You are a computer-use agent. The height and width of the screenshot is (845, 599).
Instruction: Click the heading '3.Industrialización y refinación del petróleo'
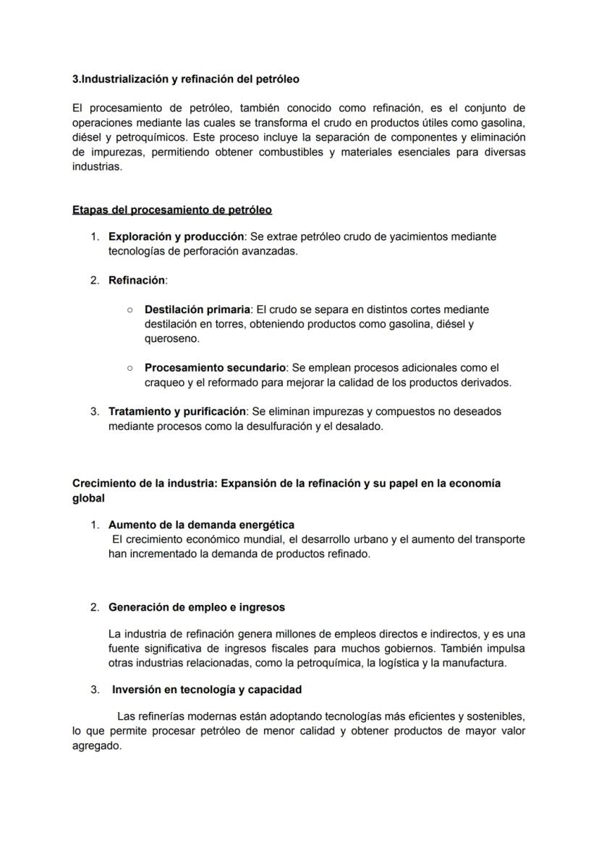click(186, 78)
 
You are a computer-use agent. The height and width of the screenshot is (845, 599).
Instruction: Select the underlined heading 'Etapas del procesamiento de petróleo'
click(172, 210)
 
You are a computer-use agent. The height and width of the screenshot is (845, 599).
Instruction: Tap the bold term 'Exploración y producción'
click(175, 236)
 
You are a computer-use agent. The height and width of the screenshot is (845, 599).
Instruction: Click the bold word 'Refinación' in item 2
click(137, 280)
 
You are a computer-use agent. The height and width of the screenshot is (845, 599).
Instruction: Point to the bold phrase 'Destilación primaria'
click(197, 309)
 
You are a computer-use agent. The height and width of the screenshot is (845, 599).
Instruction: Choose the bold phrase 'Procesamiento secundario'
click(215, 368)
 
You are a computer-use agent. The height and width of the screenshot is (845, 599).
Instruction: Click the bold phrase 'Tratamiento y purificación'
click(177, 411)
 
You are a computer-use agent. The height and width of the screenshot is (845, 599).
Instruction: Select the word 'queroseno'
click(172, 338)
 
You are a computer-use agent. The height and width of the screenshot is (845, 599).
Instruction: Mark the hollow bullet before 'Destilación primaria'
click(129, 309)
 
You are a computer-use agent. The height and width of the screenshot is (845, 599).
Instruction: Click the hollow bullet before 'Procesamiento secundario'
click(129, 368)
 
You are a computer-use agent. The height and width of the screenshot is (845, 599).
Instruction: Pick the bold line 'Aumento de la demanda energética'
click(201, 525)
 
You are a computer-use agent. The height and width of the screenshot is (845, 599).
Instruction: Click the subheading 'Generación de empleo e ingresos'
click(196, 607)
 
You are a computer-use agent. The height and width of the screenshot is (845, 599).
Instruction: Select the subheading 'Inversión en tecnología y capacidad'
click(207, 690)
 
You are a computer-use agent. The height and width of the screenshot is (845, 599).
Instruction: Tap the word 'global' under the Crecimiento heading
click(88, 498)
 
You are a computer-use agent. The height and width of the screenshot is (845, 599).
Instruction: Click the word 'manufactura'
click(475, 663)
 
